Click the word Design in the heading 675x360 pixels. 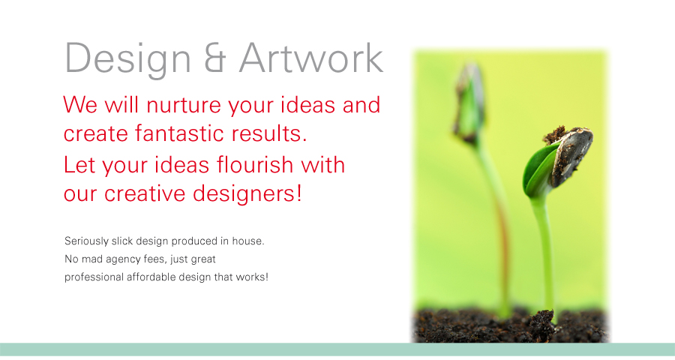click(x=127, y=59)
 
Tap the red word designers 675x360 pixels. click(x=247, y=193)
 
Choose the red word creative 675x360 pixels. click(x=144, y=193)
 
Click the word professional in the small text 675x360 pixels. click(x=94, y=277)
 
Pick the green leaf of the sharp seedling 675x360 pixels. click(x=537, y=170)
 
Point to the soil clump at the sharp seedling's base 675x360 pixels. click(x=541, y=324)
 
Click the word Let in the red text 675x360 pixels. click(x=79, y=165)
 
